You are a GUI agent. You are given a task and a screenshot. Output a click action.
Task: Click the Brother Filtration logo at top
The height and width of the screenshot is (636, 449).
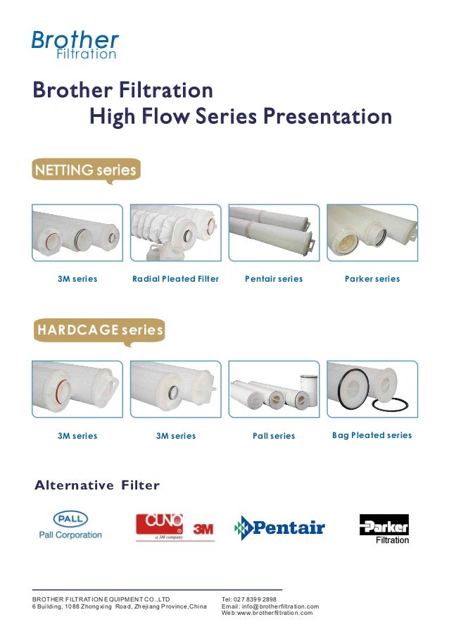tap(75, 44)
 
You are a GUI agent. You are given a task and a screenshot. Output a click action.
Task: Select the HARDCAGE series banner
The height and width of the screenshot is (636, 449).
tap(100, 330)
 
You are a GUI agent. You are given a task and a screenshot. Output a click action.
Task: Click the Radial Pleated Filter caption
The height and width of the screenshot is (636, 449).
tap(175, 279)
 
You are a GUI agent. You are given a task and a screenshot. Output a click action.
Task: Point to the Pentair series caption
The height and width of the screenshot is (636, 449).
tap(274, 279)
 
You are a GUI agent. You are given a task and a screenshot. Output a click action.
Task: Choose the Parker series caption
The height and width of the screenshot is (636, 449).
tap(372, 279)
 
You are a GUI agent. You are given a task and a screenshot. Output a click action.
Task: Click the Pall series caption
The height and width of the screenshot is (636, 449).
tap(274, 436)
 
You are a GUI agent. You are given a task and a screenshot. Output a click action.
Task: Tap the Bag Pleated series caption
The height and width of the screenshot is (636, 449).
tap(372, 435)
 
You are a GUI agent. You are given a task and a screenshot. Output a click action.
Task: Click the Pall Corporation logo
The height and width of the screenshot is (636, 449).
tap(70, 525)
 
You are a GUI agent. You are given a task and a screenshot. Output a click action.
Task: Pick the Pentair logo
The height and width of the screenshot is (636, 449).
tap(279, 528)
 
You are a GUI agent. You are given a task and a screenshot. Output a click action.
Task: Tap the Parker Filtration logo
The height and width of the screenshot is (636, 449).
tap(384, 529)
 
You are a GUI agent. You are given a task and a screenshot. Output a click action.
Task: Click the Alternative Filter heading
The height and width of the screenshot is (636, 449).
tap(97, 485)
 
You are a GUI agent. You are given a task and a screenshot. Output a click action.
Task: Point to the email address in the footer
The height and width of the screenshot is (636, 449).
tap(270, 606)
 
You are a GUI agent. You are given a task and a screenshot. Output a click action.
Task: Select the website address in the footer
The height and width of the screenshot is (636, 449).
tap(267, 613)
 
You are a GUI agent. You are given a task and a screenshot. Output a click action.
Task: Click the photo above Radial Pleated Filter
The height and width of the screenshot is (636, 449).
tap(175, 233)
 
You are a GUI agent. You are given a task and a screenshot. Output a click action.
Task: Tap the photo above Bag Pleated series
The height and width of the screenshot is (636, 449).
tap(372, 389)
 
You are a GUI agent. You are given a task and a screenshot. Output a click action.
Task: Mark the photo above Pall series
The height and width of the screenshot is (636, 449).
tap(274, 389)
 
